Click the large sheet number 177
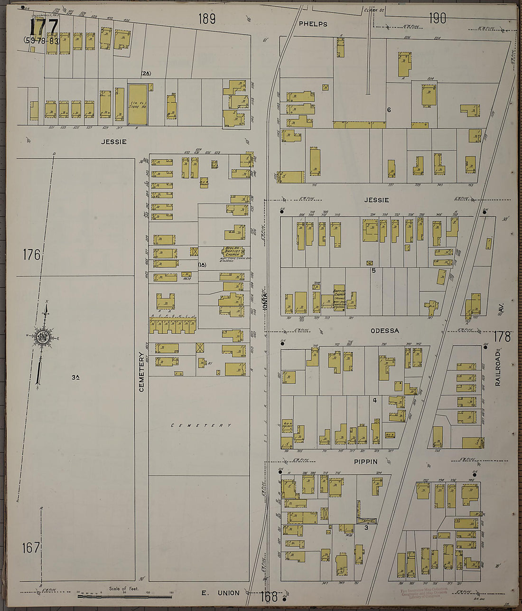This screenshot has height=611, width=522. pyautogui.click(x=44, y=27)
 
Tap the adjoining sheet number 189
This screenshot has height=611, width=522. pyautogui.click(x=207, y=19)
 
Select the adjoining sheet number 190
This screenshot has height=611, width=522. pyautogui.click(x=437, y=19)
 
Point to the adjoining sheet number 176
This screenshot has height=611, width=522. pyautogui.click(x=31, y=255)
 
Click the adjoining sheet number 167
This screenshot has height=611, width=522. pyautogui.click(x=31, y=548)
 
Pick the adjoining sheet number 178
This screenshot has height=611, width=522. pyautogui.click(x=502, y=337)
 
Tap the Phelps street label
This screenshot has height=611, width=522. pyautogui.click(x=313, y=24)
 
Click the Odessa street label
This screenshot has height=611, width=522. pyautogui.click(x=384, y=330)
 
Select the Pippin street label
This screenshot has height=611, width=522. pyautogui.click(x=365, y=461)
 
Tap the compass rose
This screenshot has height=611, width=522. pyautogui.click(x=42, y=338)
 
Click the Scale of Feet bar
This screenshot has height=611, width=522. pyautogui.click(x=125, y=596)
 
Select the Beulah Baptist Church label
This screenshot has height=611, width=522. pyautogui.click(x=233, y=252)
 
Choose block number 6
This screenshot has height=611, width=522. pyautogui.click(x=389, y=110)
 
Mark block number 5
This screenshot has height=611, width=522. pyautogui.click(x=373, y=271)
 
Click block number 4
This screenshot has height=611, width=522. pyautogui.click(x=374, y=400)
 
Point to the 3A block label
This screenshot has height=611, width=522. pyautogui.click(x=75, y=377)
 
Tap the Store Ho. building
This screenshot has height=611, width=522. pyautogui.click(x=138, y=104)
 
